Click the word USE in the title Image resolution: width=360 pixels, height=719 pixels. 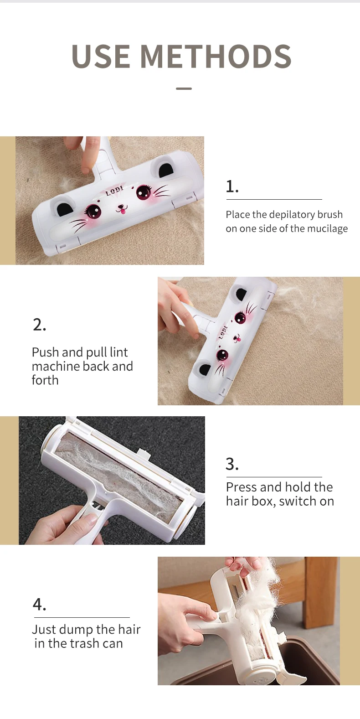[x=101, y=56]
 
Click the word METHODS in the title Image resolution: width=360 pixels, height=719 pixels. [x=216, y=56]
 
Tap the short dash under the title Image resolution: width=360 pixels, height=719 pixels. [x=184, y=88]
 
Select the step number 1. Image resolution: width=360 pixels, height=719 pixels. [x=232, y=186]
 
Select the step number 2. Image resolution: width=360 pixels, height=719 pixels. [x=39, y=325]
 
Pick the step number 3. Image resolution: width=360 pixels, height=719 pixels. [x=232, y=464]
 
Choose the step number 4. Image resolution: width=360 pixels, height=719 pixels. [x=39, y=605]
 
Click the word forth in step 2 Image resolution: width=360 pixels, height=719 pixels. [x=45, y=380]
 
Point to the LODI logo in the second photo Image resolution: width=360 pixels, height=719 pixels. [x=223, y=332]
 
